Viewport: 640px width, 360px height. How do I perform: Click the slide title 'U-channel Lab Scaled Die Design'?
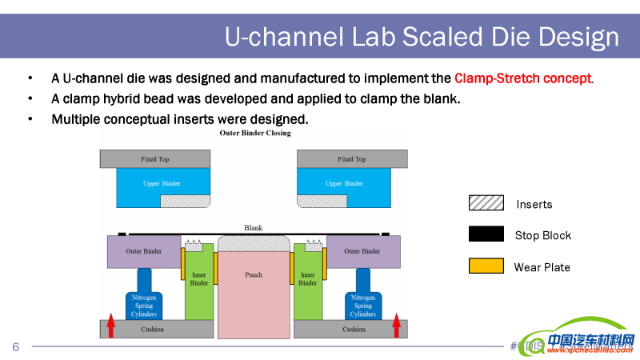pos(422,37)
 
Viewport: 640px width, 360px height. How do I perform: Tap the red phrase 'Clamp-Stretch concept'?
pos(523,78)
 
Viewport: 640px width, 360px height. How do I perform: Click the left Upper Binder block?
pos(162,183)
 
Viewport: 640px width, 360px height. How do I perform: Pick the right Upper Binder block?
pos(345,183)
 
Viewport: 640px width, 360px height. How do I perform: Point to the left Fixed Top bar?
pos(155,159)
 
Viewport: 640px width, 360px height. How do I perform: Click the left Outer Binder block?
pos(143,252)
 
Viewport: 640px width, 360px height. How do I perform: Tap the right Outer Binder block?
pos(362,252)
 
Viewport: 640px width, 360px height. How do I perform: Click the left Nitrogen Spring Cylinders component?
pos(144,300)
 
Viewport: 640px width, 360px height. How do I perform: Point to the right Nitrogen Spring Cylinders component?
pos(363,300)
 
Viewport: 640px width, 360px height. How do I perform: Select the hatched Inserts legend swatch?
pos(486,203)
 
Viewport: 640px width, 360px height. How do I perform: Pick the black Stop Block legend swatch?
pos(486,234)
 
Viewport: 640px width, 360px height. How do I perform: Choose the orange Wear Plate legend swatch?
pos(486,266)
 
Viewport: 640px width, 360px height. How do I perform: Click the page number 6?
pos(15,346)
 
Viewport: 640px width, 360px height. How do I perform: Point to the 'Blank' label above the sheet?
pos(253,227)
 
